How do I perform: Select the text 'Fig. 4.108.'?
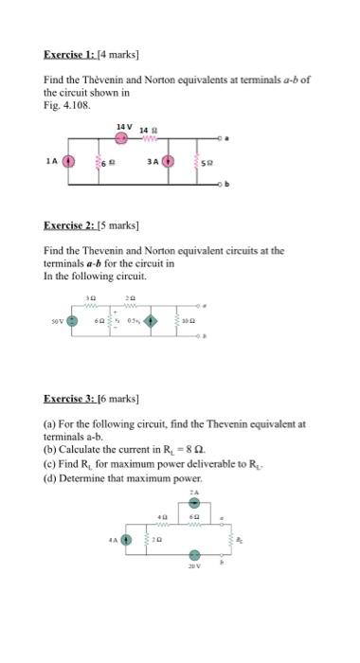(64, 104)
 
